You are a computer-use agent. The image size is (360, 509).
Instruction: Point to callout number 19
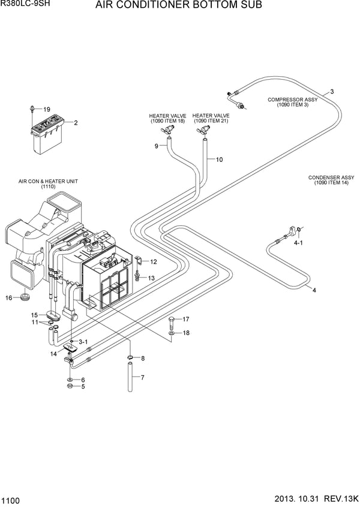point(46,109)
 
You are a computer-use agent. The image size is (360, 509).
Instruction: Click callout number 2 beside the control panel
point(76,123)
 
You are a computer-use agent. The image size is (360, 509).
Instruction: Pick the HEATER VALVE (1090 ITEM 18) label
point(167,118)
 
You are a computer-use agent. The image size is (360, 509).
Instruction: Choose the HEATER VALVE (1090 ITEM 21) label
point(211,118)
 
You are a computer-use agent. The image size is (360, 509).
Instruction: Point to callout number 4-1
point(298,244)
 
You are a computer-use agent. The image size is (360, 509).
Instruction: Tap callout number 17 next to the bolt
point(185,319)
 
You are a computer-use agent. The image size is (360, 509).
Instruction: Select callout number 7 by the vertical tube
point(142,378)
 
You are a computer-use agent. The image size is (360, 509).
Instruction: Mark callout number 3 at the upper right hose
point(332,92)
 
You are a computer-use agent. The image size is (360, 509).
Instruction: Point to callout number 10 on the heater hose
point(219,159)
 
